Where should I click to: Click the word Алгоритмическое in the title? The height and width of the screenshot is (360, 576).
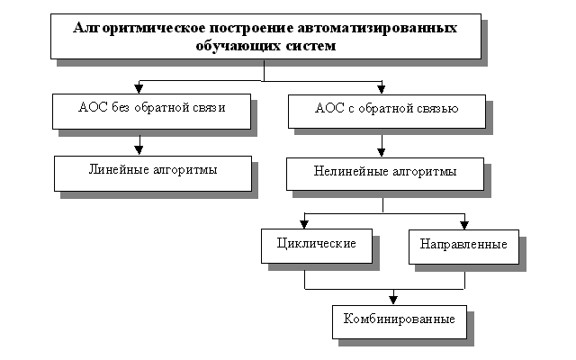tap(127, 28)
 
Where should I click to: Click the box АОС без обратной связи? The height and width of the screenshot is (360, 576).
tap(151, 110)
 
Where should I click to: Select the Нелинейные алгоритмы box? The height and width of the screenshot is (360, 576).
tap(385, 170)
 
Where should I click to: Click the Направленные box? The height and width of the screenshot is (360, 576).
tap(463, 244)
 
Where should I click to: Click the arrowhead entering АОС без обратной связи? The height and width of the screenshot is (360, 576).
tap(139, 87)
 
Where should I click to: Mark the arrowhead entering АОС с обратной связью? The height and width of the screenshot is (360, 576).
tap(382, 87)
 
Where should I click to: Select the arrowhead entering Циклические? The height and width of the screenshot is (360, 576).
tap(306, 224)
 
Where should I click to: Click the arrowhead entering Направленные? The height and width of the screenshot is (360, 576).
tap(463, 224)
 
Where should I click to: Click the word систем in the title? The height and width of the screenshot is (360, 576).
tap(305, 46)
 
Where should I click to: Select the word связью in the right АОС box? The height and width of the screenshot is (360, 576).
tap(438, 110)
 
